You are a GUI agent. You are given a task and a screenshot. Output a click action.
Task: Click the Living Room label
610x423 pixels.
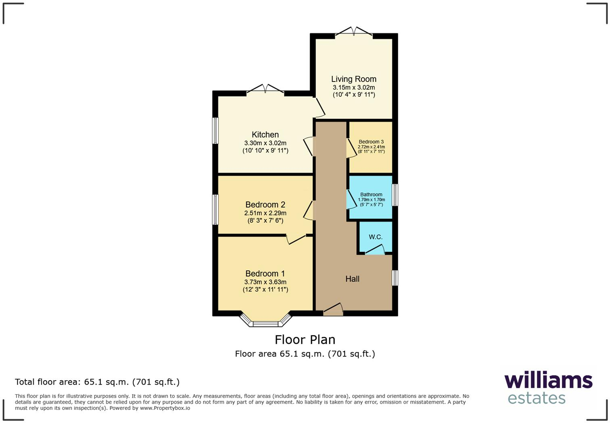353,79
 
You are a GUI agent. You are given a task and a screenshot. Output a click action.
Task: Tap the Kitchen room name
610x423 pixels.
265,135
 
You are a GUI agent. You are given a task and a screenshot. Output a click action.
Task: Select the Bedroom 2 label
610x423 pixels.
265,205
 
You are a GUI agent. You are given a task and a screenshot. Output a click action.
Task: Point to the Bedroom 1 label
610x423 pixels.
265,274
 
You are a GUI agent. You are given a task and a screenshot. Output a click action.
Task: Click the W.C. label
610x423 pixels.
375,237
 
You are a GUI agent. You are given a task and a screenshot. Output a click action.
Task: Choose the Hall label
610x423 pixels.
352,279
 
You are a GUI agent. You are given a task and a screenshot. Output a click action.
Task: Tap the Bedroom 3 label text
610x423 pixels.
371,142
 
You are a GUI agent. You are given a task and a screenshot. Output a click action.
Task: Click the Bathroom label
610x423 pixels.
371,195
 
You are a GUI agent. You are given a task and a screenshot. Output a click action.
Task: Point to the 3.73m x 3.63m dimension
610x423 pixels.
265,282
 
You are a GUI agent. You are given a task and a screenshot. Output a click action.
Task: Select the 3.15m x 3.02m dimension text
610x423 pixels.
353,88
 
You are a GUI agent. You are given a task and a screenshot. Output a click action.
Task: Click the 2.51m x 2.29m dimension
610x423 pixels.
265,213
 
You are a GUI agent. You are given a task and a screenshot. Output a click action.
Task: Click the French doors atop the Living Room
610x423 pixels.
354,32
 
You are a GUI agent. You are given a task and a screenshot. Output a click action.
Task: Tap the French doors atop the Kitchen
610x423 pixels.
265,89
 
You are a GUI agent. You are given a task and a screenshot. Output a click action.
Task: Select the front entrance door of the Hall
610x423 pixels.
333,310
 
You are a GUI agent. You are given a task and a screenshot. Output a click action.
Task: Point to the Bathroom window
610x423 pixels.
395,195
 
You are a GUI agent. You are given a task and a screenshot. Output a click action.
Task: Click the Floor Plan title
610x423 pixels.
305,339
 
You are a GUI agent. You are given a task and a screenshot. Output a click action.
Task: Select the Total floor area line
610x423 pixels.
97,382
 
